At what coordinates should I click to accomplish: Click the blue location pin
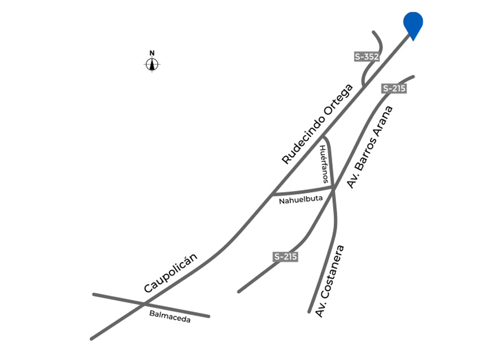(413, 24)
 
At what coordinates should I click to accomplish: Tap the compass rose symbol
(152, 64)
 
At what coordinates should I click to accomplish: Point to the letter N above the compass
(152, 53)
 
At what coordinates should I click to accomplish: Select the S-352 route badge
(367, 56)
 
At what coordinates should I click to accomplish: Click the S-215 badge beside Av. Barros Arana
(394, 89)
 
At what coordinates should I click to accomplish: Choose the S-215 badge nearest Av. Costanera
(285, 256)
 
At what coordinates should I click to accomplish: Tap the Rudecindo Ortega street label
(317, 124)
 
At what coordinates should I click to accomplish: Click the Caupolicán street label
(171, 272)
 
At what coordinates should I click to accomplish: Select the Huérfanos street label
(324, 164)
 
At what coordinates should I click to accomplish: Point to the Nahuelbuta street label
(301, 199)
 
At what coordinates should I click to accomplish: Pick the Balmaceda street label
(170, 317)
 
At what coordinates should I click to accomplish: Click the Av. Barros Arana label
(370, 147)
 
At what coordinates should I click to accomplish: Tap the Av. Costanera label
(330, 281)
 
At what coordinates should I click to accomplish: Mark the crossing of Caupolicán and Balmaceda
(145, 304)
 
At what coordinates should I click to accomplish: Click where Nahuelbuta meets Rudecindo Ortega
(274, 193)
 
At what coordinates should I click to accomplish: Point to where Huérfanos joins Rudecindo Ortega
(323, 137)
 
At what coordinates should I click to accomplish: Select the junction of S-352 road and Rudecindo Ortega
(363, 85)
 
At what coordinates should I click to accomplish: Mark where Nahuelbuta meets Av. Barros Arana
(333, 188)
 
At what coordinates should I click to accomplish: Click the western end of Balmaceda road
(94, 294)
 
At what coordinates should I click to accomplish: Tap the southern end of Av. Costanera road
(309, 312)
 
